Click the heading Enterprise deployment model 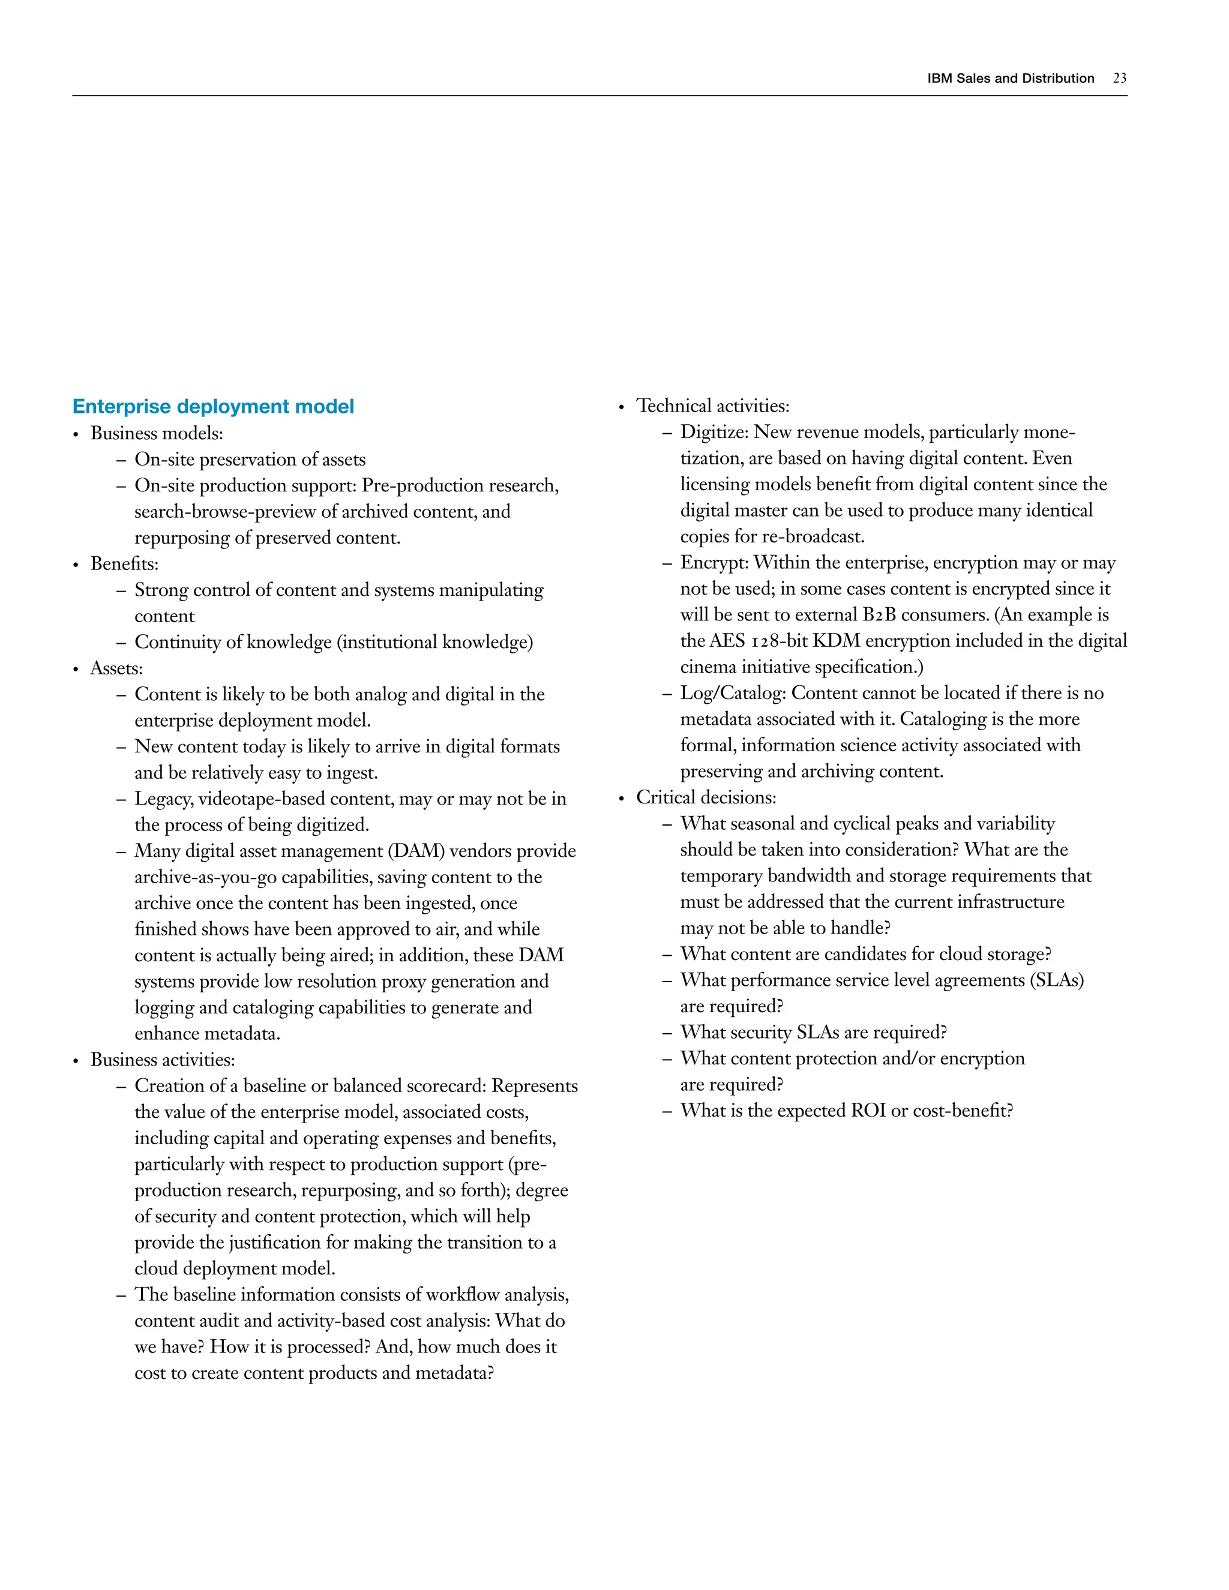[213, 406]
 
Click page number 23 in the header [1119, 79]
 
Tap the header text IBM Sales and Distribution [1010, 79]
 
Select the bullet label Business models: [157, 433]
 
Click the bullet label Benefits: [124, 563]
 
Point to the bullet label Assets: [116, 668]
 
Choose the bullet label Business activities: [163, 1059]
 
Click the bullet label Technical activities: [712, 406]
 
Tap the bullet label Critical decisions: [706, 797]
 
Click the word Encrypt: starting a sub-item [714, 563]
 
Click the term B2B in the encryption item [879, 615]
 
